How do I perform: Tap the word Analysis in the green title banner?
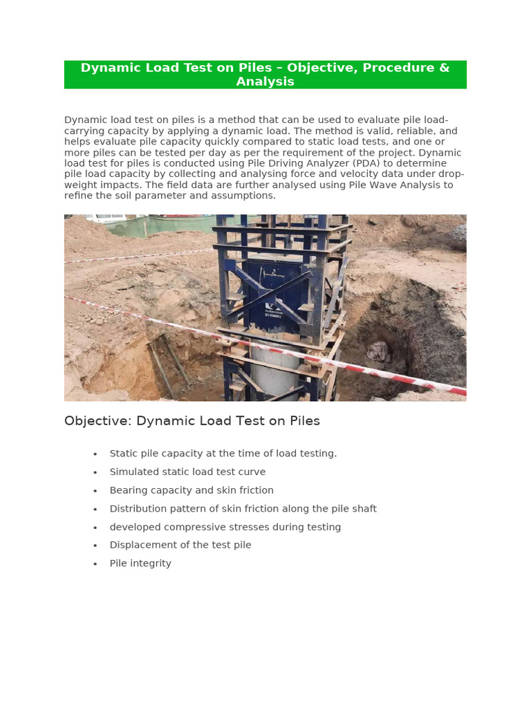[x=265, y=82]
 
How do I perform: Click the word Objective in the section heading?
[x=97, y=421]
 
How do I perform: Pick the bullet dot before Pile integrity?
[x=95, y=564]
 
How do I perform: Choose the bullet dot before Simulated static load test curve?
[x=95, y=472]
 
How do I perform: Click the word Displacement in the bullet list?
[x=140, y=545]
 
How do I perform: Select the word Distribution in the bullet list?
[x=137, y=508]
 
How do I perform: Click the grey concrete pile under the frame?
[x=274, y=370]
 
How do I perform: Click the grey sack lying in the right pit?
[x=378, y=351]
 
